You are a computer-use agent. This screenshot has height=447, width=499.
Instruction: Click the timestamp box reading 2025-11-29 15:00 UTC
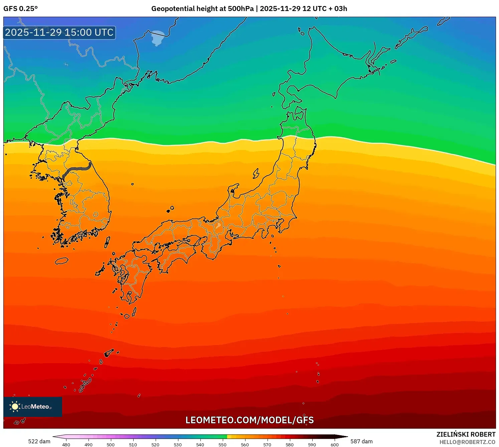(59, 33)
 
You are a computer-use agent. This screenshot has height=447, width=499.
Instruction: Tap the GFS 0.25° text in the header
(21, 9)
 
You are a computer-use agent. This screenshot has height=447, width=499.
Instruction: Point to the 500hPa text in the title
(241, 9)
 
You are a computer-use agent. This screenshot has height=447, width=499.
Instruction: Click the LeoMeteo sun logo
(15, 406)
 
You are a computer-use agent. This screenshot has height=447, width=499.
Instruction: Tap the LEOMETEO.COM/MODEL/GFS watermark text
(249, 420)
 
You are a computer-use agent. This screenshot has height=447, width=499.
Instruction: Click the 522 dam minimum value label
(39, 441)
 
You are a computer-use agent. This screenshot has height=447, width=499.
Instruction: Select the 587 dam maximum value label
(361, 441)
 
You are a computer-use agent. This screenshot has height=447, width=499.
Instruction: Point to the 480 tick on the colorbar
(66, 445)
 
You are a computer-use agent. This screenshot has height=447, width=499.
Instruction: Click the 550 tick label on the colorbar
(222, 445)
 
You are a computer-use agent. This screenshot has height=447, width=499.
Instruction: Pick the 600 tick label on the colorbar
(334, 445)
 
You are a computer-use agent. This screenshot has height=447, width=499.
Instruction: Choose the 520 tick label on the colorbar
(155, 445)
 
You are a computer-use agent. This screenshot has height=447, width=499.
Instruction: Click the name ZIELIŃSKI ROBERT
(466, 434)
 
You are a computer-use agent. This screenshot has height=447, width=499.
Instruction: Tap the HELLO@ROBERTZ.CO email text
(467, 442)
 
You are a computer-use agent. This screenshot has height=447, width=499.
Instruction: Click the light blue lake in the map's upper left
(158, 37)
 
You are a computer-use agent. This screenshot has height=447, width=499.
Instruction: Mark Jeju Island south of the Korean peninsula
(61, 261)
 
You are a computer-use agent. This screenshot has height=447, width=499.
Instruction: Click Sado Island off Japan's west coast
(256, 173)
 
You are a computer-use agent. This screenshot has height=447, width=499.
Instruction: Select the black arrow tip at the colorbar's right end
(344, 437)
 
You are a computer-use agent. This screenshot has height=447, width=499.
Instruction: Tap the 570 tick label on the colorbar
(267, 445)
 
